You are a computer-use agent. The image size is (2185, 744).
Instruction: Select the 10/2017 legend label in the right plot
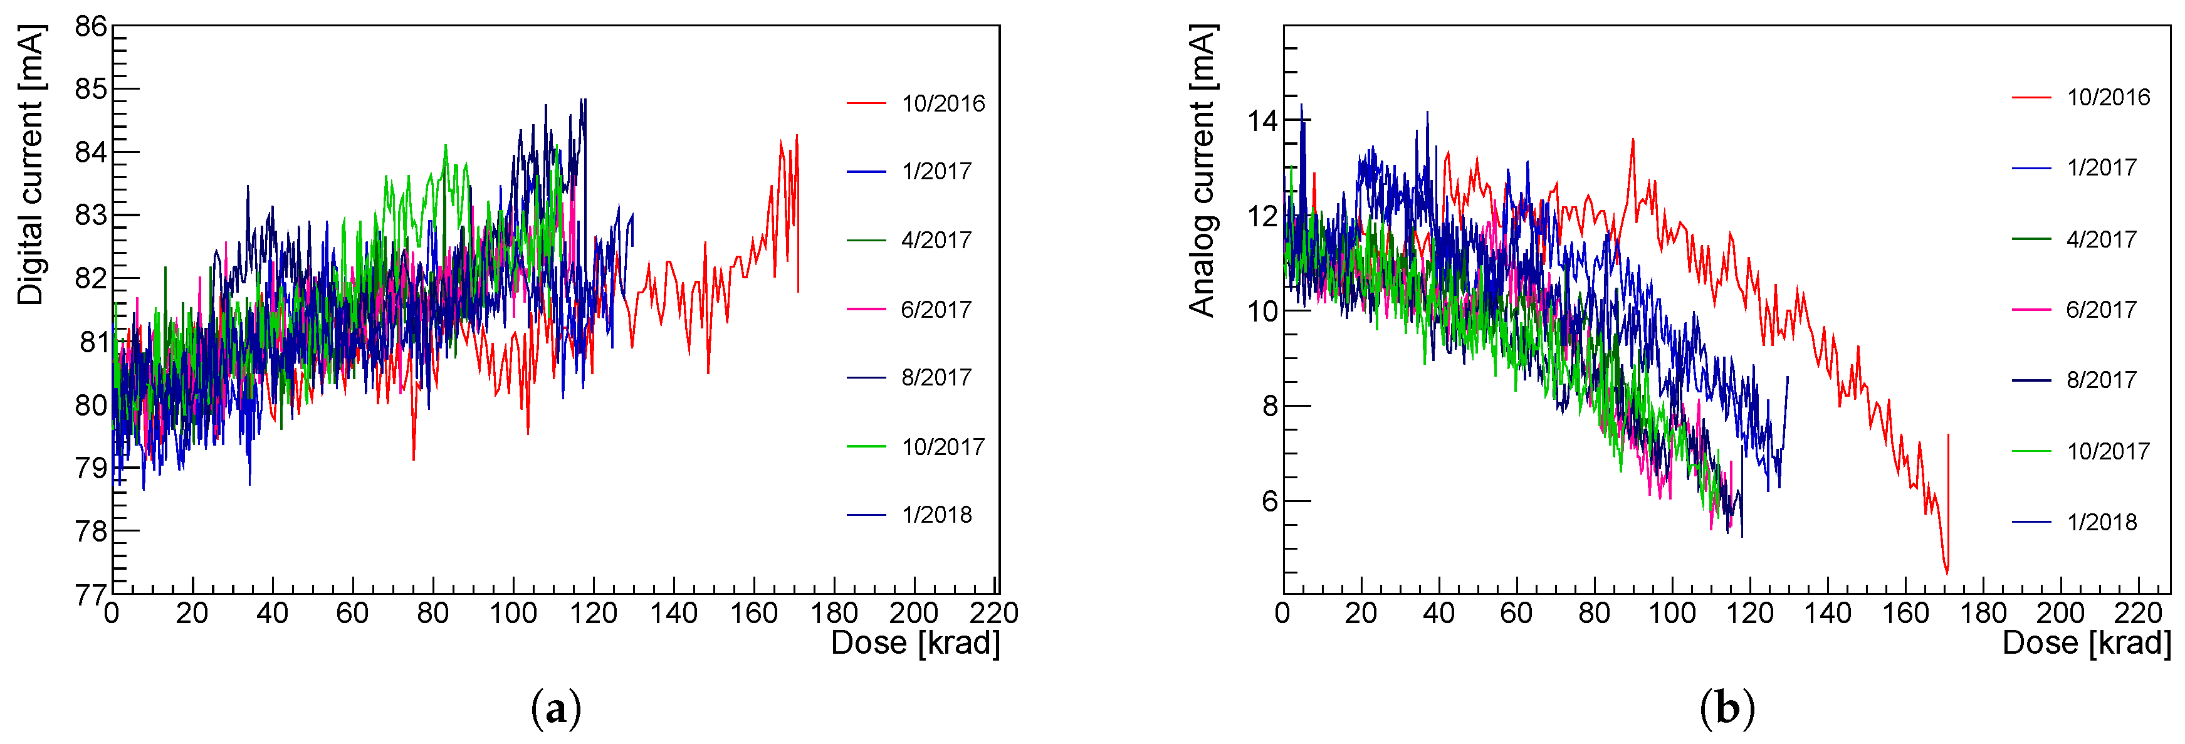2108,451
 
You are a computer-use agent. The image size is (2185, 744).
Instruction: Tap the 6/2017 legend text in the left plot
936,310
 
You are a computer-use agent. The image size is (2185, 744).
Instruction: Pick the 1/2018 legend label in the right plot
2101,521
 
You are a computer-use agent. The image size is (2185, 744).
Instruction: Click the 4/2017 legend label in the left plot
936,240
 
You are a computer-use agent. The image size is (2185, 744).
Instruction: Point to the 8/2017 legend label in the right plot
2101,380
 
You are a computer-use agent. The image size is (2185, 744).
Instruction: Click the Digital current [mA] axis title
31,165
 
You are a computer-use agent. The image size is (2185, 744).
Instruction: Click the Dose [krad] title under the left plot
915,643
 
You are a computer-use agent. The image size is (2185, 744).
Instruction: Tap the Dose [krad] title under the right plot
2086,643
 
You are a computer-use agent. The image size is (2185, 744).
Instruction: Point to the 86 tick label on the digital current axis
91,27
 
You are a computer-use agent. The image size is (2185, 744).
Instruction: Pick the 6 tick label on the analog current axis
1269,501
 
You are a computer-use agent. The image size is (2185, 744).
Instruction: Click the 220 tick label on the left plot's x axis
993,612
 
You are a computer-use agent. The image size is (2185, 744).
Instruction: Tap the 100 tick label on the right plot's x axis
1672,612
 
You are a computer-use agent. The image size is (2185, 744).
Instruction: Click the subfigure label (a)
555,708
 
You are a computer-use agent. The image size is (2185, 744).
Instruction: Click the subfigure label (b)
1727,708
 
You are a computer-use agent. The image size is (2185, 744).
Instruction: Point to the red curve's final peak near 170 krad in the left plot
797,136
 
